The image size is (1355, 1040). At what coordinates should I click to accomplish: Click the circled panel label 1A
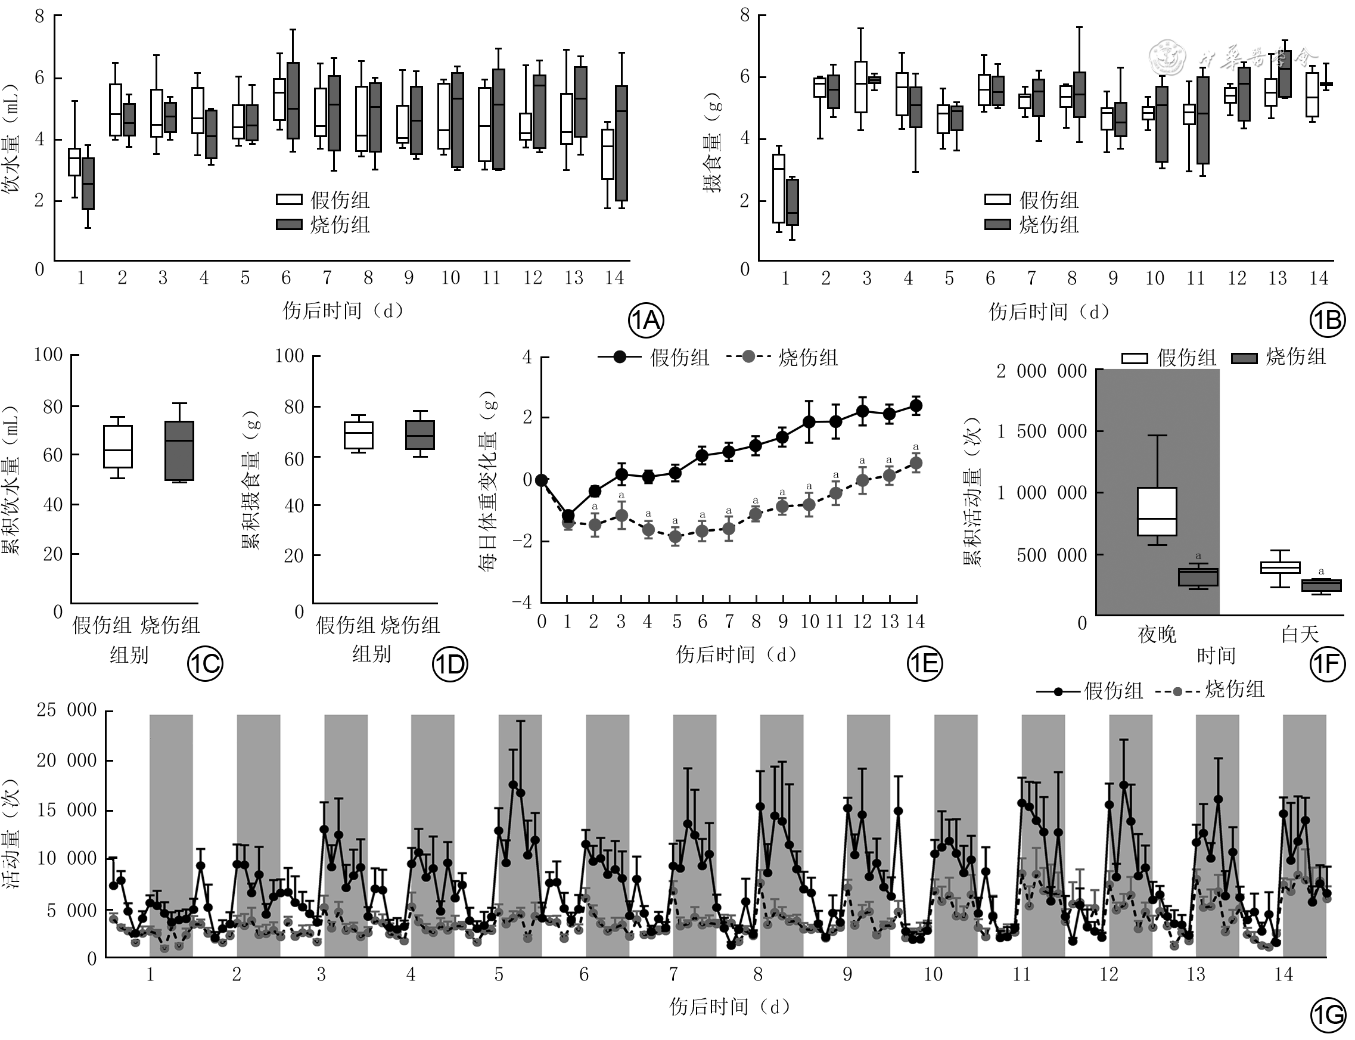click(646, 320)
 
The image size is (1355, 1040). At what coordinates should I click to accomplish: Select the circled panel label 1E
click(924, 663)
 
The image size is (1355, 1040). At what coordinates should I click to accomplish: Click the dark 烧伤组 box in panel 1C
click(179, 451)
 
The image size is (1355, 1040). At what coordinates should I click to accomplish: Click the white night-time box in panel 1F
click(1157, 511)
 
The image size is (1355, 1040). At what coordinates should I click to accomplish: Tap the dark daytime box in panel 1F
click(1321, 586)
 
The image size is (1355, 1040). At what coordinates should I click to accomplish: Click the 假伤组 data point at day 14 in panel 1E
click(916, 406)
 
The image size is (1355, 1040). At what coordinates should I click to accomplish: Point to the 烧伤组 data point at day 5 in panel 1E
click(675, 536)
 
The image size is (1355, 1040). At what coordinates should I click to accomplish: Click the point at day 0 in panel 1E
click(542, 480)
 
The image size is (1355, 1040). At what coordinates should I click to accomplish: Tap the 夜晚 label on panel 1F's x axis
click(1157, 635)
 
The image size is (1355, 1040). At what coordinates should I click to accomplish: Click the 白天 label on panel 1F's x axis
click(1300, 635)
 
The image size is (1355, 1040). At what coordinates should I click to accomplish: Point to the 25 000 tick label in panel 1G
click(67, 709)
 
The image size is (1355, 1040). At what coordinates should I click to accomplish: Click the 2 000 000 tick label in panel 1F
click(1041, 371)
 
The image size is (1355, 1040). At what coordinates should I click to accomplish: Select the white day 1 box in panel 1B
click(779, 188)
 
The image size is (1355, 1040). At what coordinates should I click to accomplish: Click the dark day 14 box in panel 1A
click(621, 143)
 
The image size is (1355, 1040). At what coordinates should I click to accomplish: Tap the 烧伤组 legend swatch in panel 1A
click(289, 224)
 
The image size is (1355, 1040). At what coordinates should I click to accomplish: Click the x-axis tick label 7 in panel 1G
click(673, 974)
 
